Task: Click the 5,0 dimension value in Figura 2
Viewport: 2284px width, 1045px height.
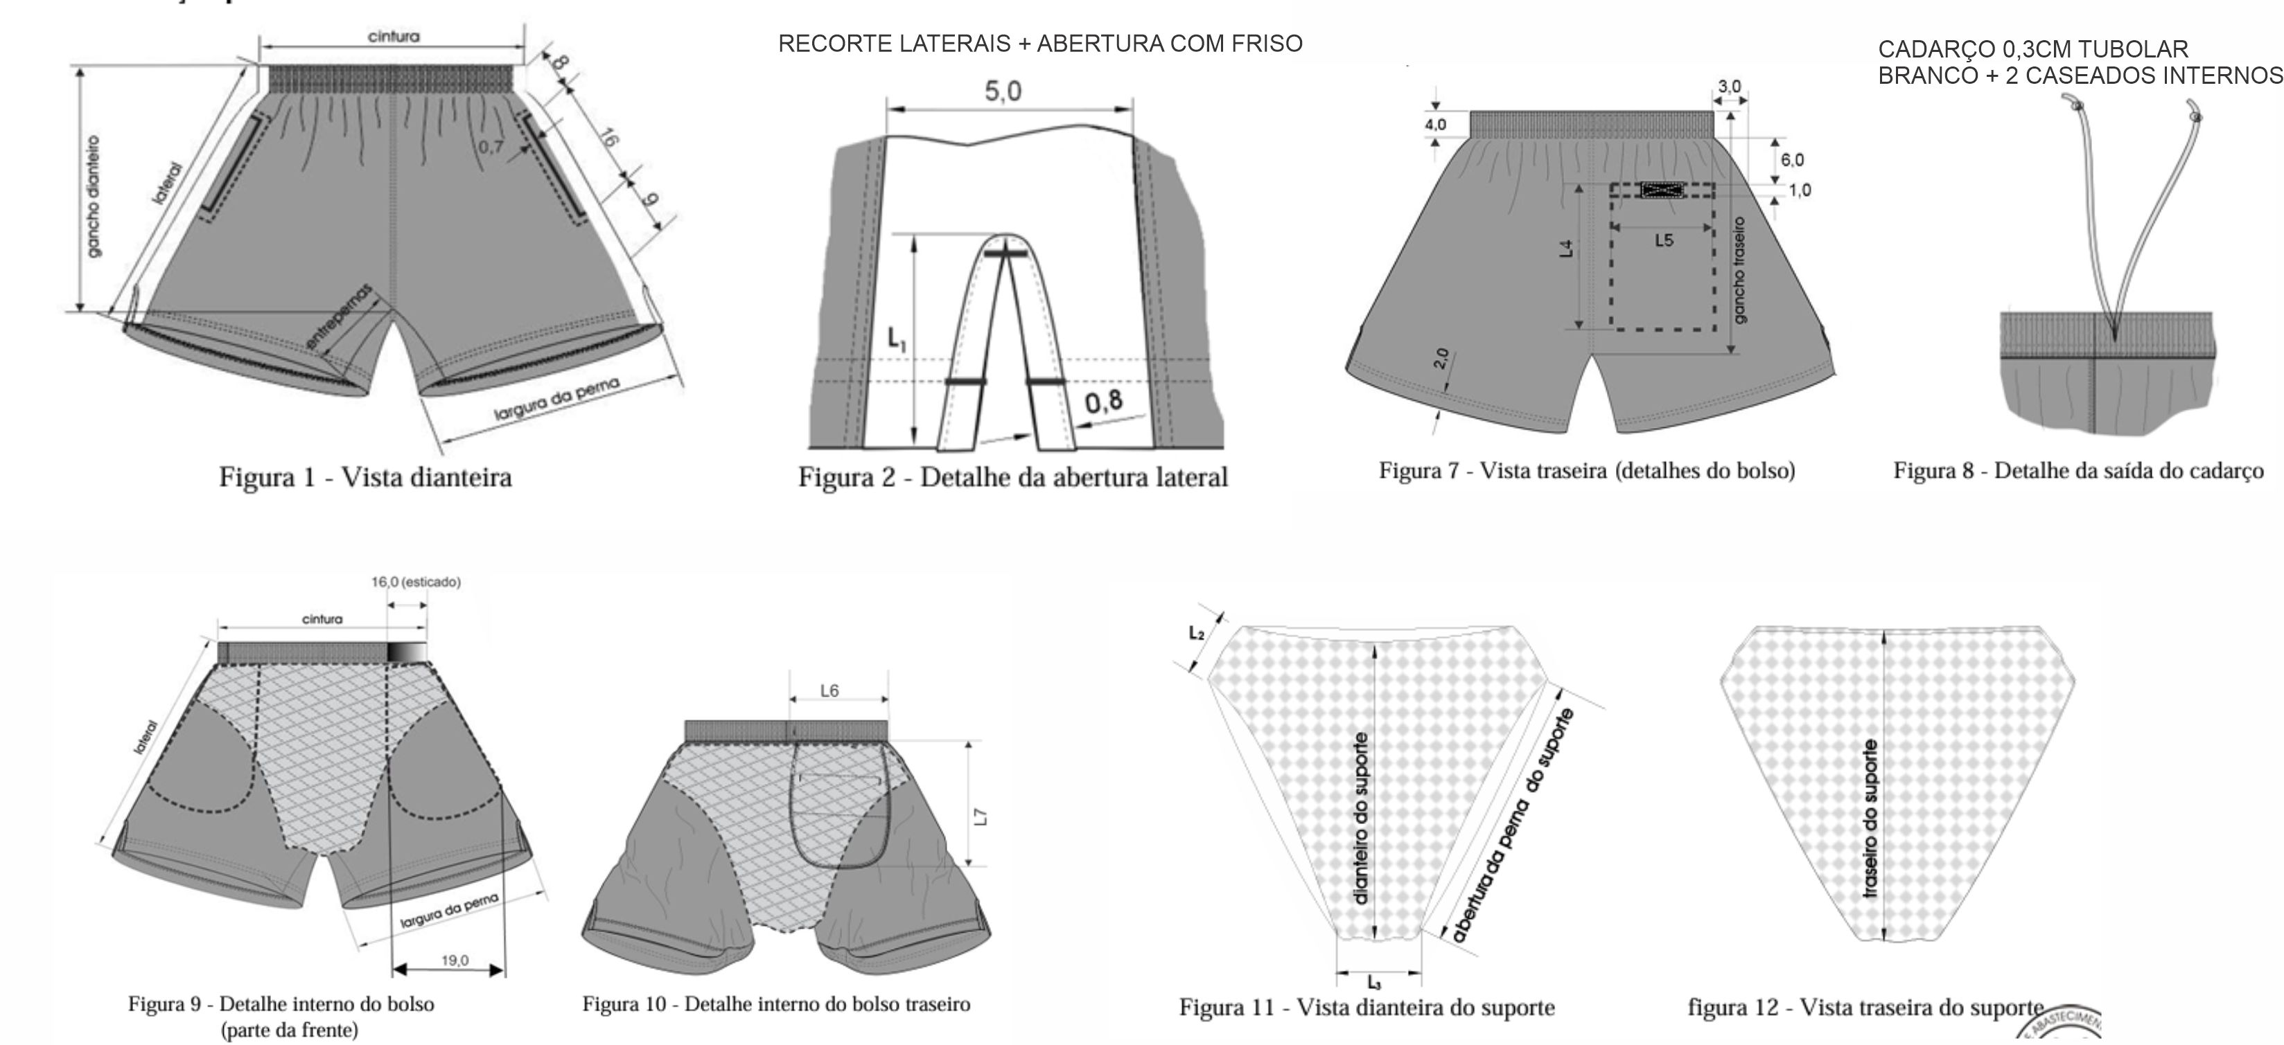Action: tap(1003, 92)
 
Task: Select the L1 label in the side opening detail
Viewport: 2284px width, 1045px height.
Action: tap(897, 339)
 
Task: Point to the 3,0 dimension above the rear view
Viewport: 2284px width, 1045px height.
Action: tap(1729, 87)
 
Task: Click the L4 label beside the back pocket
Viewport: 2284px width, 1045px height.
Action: tap(1567, 249)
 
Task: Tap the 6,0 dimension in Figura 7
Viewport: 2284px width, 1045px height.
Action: tap(1791, 161)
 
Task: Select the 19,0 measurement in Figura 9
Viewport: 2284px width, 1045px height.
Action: tap(455, 960)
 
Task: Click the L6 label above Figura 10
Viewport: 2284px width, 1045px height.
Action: tap(829, 690)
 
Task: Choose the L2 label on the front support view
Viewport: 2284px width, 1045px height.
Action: tap(1196, 633)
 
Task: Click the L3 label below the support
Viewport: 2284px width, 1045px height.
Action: tap(1373, 982)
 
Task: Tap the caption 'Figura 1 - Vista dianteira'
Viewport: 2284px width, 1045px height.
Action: tap(365, 478)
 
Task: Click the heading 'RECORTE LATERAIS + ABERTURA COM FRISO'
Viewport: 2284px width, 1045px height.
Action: tap(1040, 44)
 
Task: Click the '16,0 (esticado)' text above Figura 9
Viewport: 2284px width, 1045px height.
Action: tap(416, 582)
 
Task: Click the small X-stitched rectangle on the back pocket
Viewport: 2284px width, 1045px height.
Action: tap(1662, 190)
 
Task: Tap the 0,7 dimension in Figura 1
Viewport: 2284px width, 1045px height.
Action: tap(491, 146)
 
